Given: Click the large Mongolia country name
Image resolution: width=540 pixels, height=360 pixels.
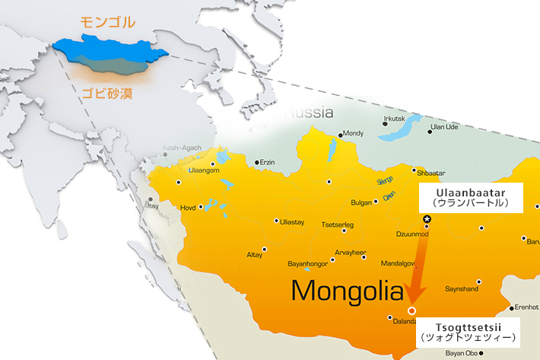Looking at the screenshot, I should pos(347,290).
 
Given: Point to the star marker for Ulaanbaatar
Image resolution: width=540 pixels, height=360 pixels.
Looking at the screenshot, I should pos(427,219).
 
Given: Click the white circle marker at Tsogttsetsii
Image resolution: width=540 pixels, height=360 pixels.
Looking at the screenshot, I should pos(411,311).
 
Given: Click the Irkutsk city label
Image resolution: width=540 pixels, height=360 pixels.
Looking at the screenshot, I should pos(395,119).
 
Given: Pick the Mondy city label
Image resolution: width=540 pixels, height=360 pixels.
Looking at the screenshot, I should pos(354,132).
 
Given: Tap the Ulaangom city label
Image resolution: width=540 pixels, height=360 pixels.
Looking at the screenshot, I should pos(203,170).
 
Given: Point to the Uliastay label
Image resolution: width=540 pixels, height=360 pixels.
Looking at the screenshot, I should pos(292,221).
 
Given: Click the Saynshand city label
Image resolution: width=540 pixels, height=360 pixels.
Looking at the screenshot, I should pos(461,289).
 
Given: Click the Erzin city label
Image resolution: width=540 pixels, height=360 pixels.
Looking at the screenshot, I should pos(267,162).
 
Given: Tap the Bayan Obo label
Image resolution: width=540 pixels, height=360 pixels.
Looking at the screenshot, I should pos(462,352).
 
